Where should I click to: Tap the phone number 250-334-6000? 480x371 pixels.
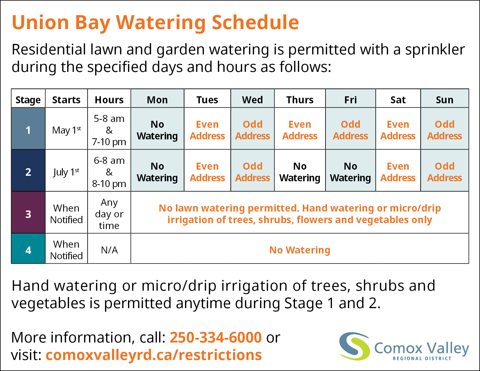[216, 337]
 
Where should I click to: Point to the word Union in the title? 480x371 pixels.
[40, 22]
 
